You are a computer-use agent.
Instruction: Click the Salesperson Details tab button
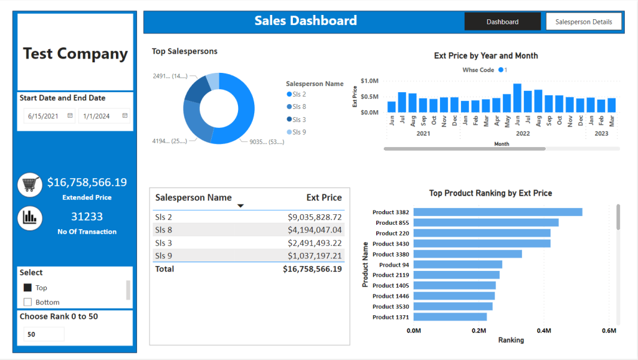[x=583, y=22]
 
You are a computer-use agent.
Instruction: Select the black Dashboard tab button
[x=503, y=22]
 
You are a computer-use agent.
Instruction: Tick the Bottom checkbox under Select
[x=27, y=302]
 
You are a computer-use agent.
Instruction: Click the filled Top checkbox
[x=27, y=288]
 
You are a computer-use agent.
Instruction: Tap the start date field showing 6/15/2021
[x=49, y=116]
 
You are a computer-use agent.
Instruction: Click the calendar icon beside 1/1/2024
[x=125, y=115]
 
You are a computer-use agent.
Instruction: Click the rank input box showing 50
[x=44, y=334]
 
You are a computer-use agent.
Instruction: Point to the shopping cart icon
[x=30, y=185]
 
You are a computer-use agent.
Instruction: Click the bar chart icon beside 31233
[x=30, y=218]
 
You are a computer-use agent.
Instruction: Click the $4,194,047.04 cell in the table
[x=315, y=230]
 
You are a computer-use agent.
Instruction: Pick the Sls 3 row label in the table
[x=164, y=243]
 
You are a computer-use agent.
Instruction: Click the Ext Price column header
[x=324, y=197]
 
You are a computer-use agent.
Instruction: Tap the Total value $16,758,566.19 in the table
[x=312, y=269]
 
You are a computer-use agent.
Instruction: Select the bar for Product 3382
[x=498, y=212]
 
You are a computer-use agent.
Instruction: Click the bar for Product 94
[x=458, y=265]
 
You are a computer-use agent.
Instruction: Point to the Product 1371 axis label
[x=391, y=317]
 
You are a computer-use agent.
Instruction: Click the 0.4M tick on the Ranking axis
[x=543, y=330]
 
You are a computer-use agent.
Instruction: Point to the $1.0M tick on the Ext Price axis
[x=369, y=80]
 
